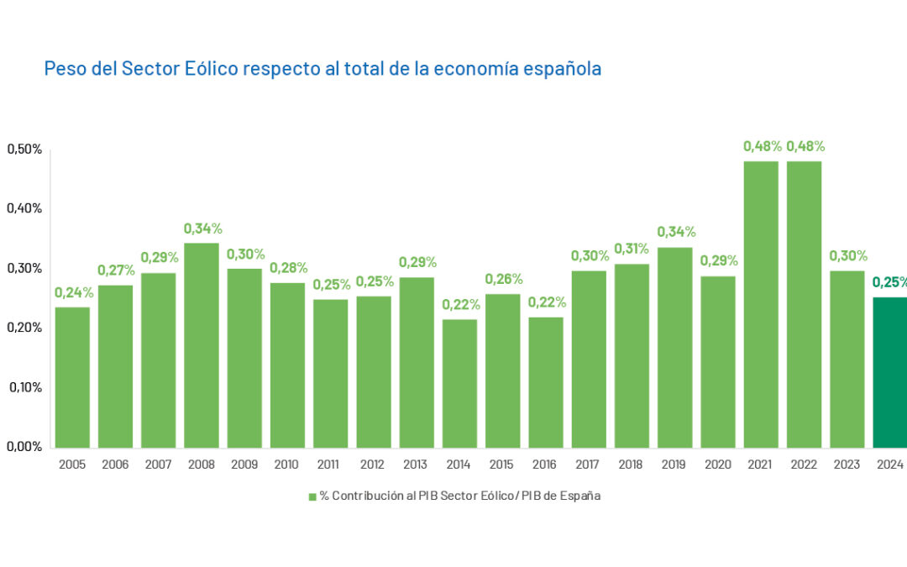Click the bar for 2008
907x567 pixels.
click(x=201, y=345)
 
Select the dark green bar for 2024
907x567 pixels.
click(x=890, y=372)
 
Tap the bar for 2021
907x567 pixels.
click(x=761, y=304)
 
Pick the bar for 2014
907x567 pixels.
click(x=459, y=383)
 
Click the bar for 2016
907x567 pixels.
click(x=546, y=382)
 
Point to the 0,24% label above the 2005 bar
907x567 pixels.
click(x=74, y=292)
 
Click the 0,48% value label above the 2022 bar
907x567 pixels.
click(x=805, y=146)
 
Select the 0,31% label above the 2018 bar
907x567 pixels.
click(x=632, y=249)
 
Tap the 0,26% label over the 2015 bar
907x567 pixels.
click(x=503, y=279)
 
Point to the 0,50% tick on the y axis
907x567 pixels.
click(x=24, y=150)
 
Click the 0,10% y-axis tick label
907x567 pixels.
click(x=24, y=387)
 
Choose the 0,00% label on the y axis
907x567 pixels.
click(x=24, y=447)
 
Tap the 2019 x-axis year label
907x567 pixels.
click(x=674, y=465)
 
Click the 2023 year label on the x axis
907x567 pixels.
click(x=847, y=465)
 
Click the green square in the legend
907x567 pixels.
click(x=312, y=496)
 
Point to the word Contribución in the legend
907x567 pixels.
click(x=367, y=496)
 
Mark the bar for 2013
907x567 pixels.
click(x=417, y=362)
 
